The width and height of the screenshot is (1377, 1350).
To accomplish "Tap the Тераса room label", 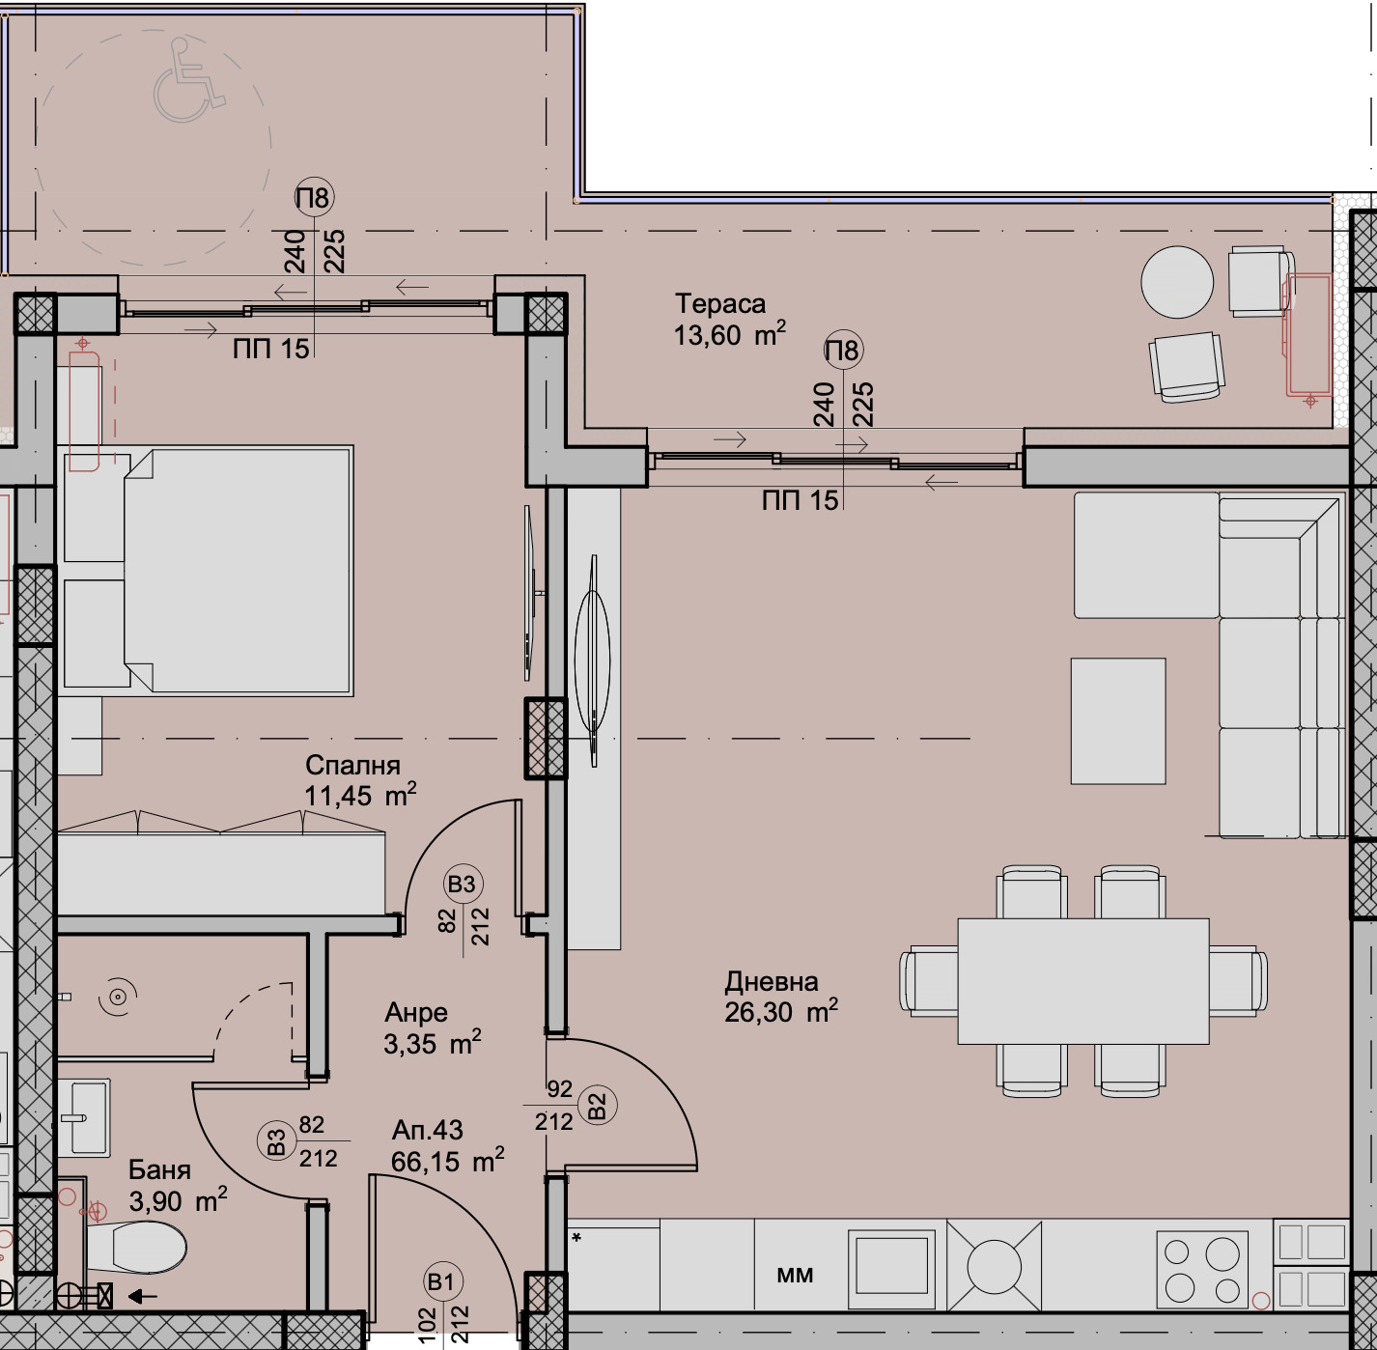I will tap(720, 304).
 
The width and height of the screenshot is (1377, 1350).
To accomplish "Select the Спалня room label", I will tap(352, 766).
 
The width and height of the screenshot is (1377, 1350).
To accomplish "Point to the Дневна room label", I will tap(772, 982).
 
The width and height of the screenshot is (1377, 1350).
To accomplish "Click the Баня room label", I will tap(159, 1170).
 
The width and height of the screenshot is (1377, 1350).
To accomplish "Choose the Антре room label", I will tap(416, 1013).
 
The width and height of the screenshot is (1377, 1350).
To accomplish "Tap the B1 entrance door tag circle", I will tap(442, 1281).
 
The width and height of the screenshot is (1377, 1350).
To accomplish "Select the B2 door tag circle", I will tap(598, 1106).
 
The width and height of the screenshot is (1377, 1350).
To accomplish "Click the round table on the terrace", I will tap(1176, 282).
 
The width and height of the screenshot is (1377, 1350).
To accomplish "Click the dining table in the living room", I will tap(1082, 981).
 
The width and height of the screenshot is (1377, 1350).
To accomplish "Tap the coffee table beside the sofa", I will tap(1117, 720).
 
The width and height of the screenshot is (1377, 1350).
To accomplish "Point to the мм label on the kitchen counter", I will tap(795, 1276).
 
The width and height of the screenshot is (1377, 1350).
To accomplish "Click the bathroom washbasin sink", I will tap(84, 1117).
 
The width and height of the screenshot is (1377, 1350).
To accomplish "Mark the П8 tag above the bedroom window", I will tap(313, 198).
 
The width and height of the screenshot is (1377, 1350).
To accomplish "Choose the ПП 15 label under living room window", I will tap(800, 500).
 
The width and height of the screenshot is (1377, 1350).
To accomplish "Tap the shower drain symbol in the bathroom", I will tap(119, 997).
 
